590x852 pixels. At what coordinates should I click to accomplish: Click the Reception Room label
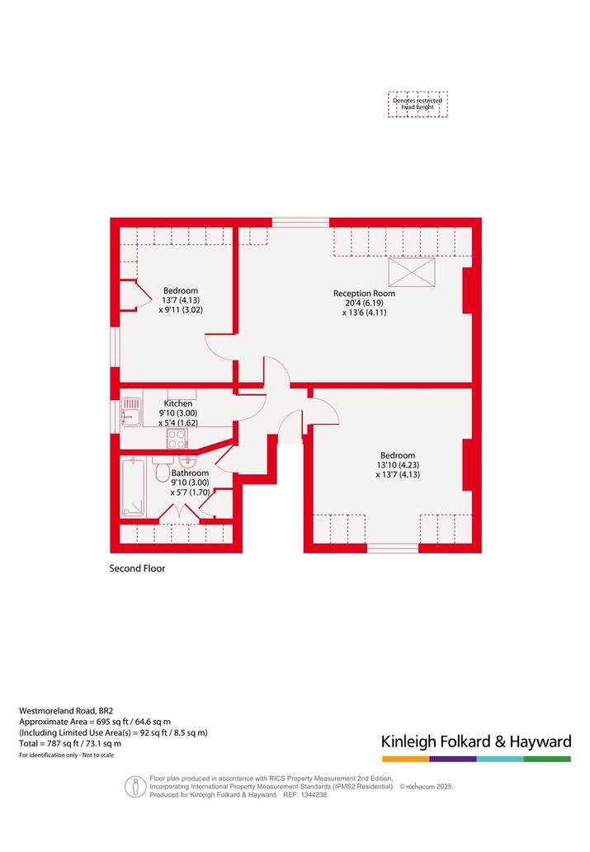[364, 294]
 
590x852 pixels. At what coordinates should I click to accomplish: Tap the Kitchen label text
[177, 403]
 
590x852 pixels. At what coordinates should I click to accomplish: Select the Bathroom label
[190, 473]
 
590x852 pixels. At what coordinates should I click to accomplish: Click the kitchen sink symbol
[131, 412]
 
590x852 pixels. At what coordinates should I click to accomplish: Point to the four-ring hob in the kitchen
[177, 439]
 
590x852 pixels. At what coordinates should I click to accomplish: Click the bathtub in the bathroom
[133, 487]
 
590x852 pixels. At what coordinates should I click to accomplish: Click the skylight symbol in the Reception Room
[412, 271]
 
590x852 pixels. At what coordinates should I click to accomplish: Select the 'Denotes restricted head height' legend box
[418, 104]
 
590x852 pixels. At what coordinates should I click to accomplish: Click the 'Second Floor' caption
[137, 568]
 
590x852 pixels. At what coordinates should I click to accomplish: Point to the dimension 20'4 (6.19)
[365, 304]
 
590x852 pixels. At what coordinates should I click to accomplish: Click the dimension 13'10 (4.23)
[398, 465]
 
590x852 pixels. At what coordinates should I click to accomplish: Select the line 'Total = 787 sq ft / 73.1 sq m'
[70, 743]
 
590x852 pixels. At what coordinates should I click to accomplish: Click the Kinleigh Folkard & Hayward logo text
[476, 741]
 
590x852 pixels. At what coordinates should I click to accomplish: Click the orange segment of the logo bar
[405, 759]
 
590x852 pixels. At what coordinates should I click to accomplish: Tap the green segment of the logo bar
[548, 759]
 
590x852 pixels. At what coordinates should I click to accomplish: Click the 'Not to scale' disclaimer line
[66, 756]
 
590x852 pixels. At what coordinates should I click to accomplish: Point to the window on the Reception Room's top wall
[300, 222]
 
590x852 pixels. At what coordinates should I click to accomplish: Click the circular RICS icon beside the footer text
[135, 787]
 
